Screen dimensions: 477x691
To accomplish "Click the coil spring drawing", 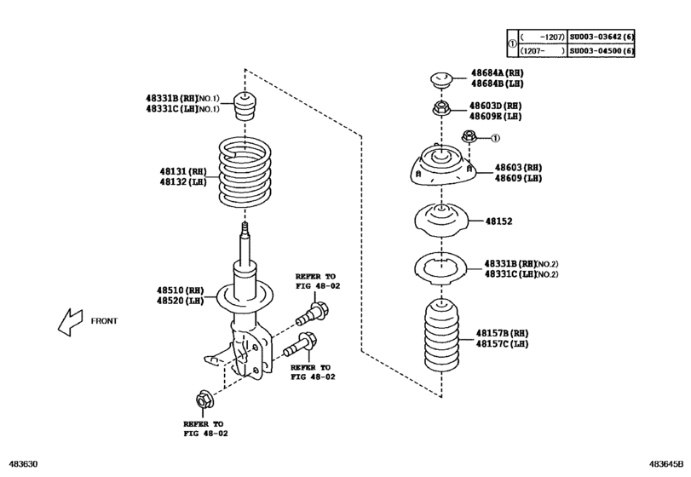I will tap(244, 175).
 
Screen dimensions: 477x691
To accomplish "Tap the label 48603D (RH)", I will tap(497, 106).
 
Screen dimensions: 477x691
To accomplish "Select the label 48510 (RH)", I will tap(180, 290).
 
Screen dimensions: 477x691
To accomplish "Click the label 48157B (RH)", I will tap(502, 332).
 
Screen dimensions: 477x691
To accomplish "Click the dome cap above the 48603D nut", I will tap(441, 81).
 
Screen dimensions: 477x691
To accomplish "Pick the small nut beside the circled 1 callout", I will tap(469, 137).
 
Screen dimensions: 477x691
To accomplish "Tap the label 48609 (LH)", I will tap(518, 178).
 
